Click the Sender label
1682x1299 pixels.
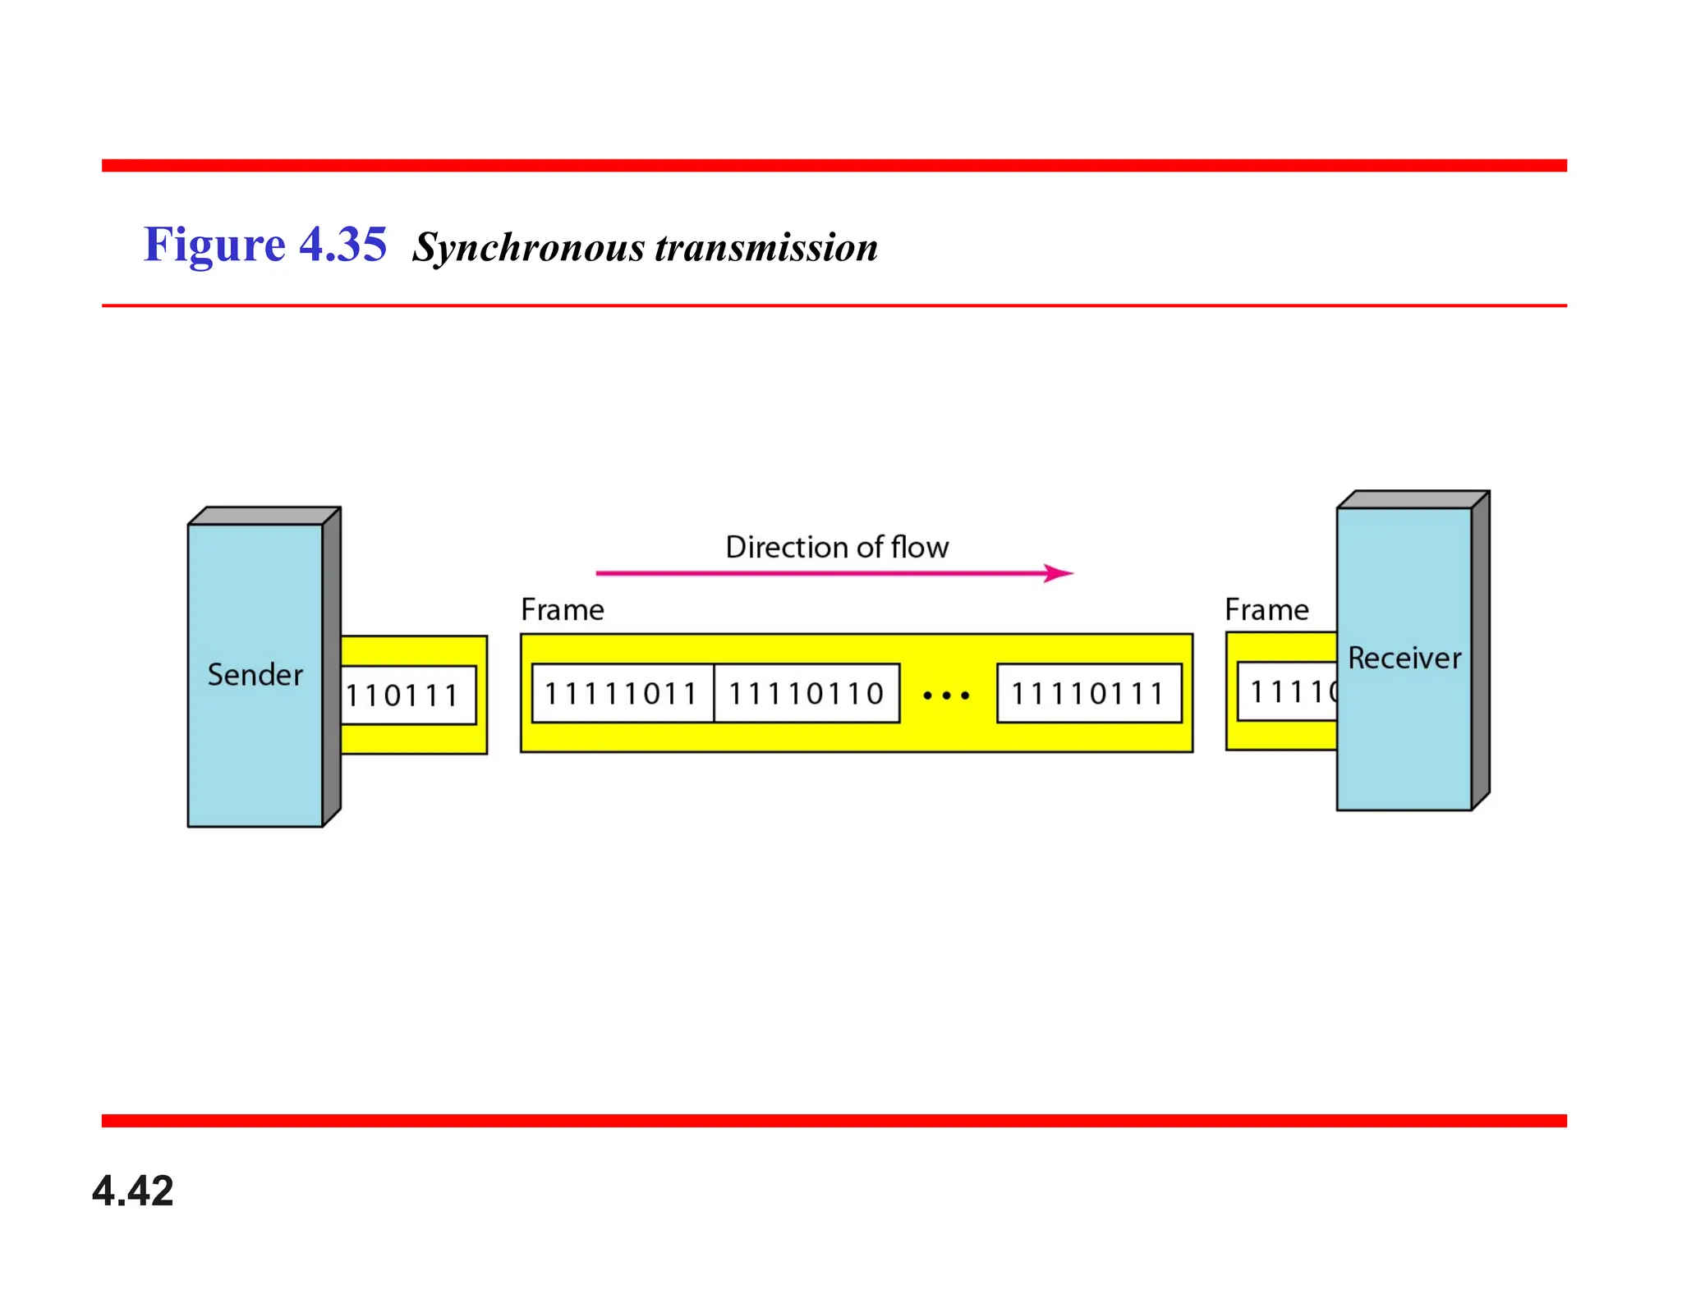click(255, 675)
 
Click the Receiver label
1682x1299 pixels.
click(1404, 659)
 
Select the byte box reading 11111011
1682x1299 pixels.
click(622, 694)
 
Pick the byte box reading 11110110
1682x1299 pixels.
click(807, 694)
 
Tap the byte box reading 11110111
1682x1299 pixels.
click(1088, 694)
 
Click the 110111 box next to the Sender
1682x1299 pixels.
click(407, 695)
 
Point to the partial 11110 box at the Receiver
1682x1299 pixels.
click(1288, 692)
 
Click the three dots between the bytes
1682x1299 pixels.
click(946, 695)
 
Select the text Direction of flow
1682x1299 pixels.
click(837, 548)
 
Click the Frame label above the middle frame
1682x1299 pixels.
click(563, 610)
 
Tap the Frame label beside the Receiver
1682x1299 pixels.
click(1266, 610)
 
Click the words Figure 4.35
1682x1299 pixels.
click(264, 245)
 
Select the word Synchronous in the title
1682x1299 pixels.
click(529, 247)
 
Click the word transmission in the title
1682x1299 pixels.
click(765, 247)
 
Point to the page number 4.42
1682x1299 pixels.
click(132, 1191)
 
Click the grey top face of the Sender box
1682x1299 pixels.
click(264, 516)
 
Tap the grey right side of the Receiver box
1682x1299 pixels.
click(1480, 649)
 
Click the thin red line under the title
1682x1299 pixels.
click(834, 305)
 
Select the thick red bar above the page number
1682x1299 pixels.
click(834, 1121)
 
